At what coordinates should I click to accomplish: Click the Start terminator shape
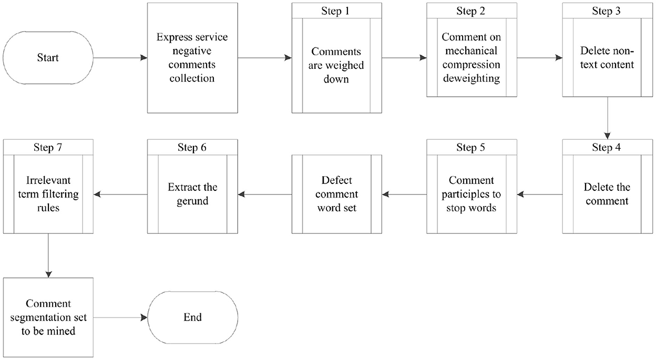(48, 58)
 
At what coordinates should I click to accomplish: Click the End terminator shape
(192, 317)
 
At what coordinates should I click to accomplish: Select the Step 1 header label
(335, 11)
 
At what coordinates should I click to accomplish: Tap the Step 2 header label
(470, 11)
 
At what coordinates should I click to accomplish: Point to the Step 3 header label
(606, 11)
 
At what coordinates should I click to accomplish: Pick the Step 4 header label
(606, 147)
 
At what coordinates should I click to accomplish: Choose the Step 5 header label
(470, 147)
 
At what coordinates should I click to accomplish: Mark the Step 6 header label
(192, 147)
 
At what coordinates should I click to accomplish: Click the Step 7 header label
(48, 147)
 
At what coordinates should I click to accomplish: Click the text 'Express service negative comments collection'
(192, 57)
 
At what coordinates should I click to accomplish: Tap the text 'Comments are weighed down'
(336, 65)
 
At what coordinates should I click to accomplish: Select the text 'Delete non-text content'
(607, 57)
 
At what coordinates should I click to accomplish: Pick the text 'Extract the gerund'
(192, 194)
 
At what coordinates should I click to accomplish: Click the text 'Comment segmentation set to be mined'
(48, 317)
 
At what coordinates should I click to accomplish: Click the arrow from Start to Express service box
(120, 58)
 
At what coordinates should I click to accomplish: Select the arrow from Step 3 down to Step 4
(608, 118)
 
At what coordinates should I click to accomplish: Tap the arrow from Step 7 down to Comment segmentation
(48, 255)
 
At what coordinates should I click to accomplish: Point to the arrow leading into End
(120, 317)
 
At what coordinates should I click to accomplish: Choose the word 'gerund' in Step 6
(192, 201)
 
